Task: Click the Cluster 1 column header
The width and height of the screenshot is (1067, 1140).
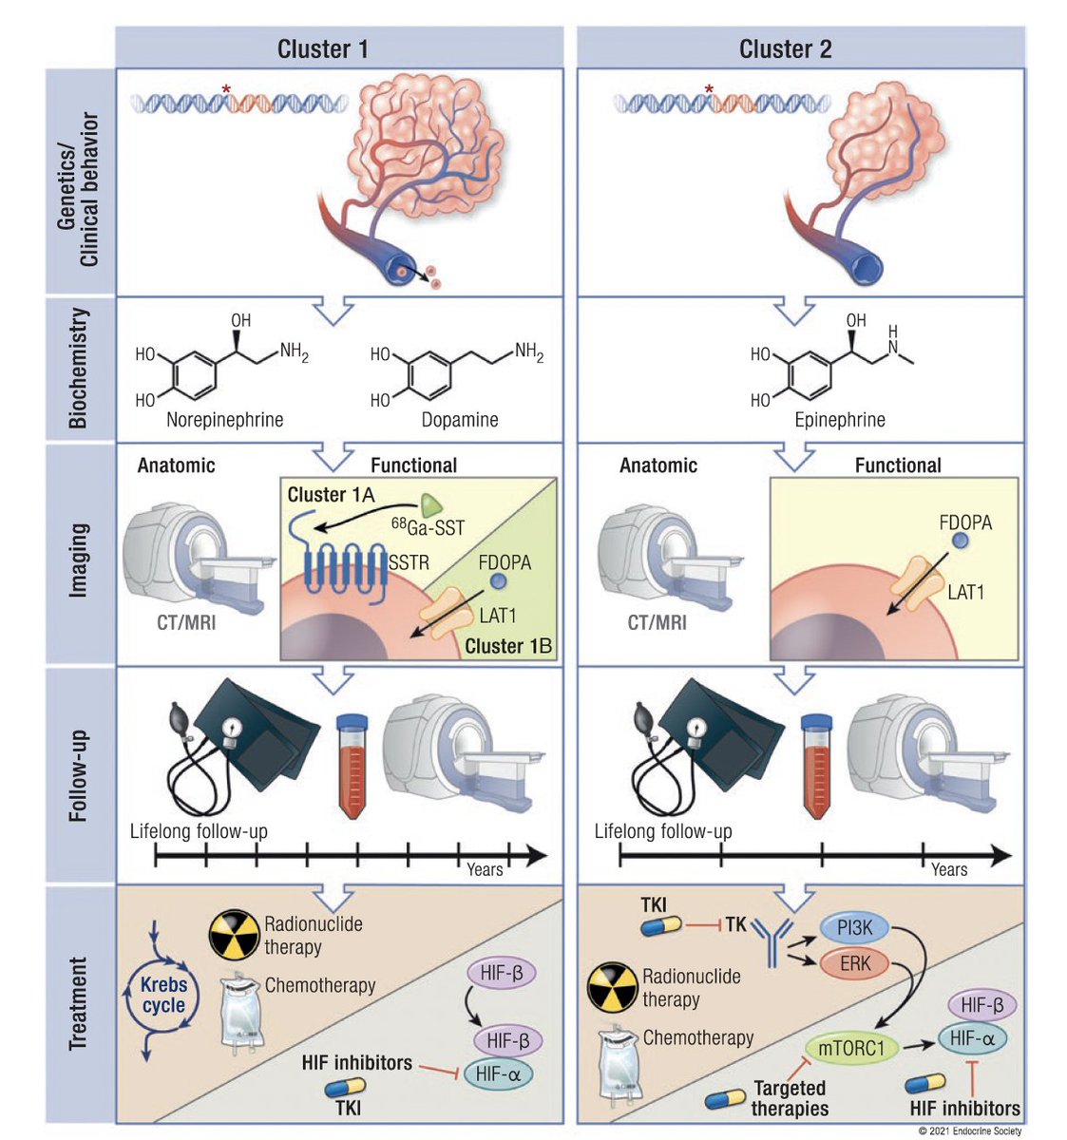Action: pyautogui.click(x=322, y=49)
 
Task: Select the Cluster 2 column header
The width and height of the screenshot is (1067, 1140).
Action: pyautogui.click(x=785, y=49)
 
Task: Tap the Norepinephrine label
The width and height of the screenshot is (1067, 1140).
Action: pyautogui.click(x=224, y=419)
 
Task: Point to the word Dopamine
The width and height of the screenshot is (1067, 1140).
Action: pyautogui.click(x=460, y=419)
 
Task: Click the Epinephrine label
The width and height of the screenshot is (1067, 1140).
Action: pyautogui.click(x=839, y=419)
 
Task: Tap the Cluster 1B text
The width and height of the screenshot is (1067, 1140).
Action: pyautogui.click(x=508, y=647)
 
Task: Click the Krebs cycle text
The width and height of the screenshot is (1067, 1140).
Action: pyautogui.click(x=163, y=996)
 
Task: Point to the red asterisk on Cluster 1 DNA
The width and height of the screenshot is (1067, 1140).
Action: pyautogui.click(x=226, y=89)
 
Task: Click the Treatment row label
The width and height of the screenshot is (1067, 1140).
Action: pyautogui.click(x=78, y=1003)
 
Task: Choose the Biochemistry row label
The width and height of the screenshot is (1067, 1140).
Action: pyautogui.click(x=78, y=368)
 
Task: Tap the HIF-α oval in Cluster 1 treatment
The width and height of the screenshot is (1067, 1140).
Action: pyautogui.click(x=503, y=1074)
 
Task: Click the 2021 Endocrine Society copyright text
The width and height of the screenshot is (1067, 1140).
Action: pyautogui.click(x=970, y=1130)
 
